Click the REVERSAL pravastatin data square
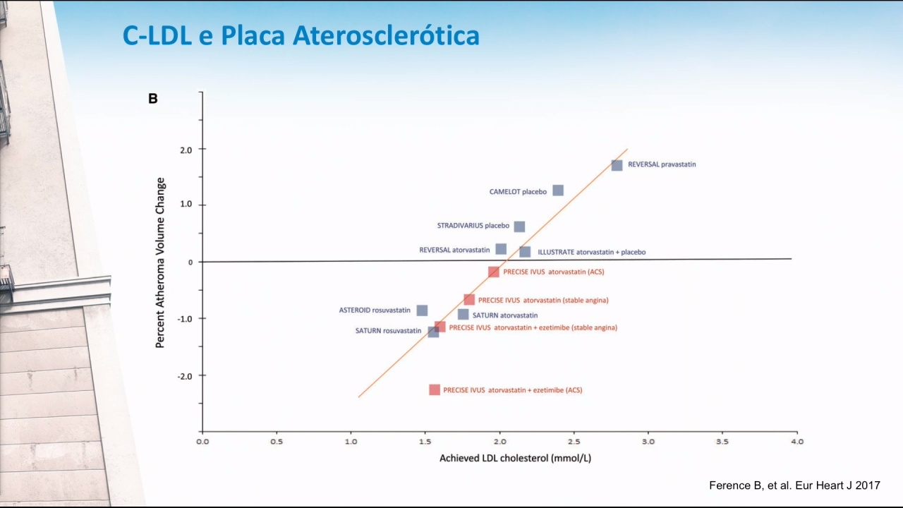point(617,165)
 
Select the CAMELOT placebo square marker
point(558,190)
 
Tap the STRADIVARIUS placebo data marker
point(520,226)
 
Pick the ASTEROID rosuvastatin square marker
point(422,310)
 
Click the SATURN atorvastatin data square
point(463,315)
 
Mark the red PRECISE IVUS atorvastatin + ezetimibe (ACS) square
point(435,390)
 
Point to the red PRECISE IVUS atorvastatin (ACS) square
point(493,272)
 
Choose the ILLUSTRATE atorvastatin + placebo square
point(525,252)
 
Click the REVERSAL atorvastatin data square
point(501,249)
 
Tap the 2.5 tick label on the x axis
point(574,442)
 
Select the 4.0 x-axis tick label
point(797,442)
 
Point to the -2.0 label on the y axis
point(185,376)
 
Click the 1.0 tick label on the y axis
point(186,204)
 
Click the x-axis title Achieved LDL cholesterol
point(515,459)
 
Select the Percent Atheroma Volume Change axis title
point(160,263)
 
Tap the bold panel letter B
point(153,98)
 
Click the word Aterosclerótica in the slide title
point(386,35)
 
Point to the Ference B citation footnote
point(794,485)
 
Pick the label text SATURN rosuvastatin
point(388,331)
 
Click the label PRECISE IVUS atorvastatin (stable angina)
point(543,301)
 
